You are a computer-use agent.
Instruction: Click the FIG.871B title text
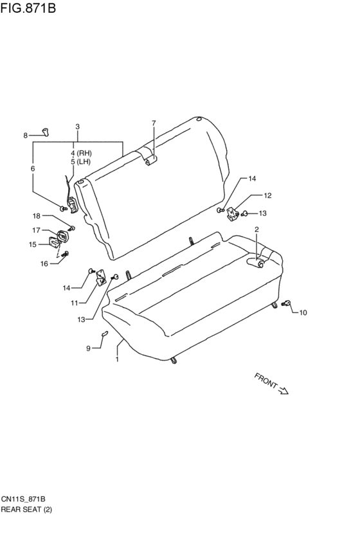pyautogui.click(x=28, y=7)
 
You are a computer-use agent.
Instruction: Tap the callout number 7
pyautogui.click(x=154, y=123)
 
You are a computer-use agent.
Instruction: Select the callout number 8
pyautogui.click(x=26, y=136)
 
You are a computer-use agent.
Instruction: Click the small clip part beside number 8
pyautogui.click(x=46, y=132)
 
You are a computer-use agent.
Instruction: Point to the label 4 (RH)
pyautogui.click(x=81, y=153)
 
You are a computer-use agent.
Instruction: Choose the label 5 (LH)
pyautogui.click(x=80, y=161)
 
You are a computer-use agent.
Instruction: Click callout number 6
pyautogui.click(x=33, y=168)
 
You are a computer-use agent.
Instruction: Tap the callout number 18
pyautogui.click(x=37, y=216)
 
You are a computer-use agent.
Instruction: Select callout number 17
pyautogui.click(x=36, y=230)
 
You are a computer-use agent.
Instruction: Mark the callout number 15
pyautogui.click(x=33, y=244)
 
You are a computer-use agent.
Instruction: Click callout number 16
pyautogui.click(x=44, y=264)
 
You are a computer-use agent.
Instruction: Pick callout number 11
pyautogui.click(x=75, y=303)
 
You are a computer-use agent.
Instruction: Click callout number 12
pyautogui.click(x=267, y=195)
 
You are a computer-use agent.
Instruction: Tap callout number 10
pyautogui.click(x=303, y=312)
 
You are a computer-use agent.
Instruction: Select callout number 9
pyautogui.click(x=88, y=348)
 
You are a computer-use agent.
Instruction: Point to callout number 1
pyautogui.click(x=117, y=359)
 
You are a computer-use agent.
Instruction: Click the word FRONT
pyautogui.click(x=265, y=381)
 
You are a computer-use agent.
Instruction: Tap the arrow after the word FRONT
pyautogui.click(x=283, y=390)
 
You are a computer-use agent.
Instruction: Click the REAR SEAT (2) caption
pyautogui.click(x=26, y=509)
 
